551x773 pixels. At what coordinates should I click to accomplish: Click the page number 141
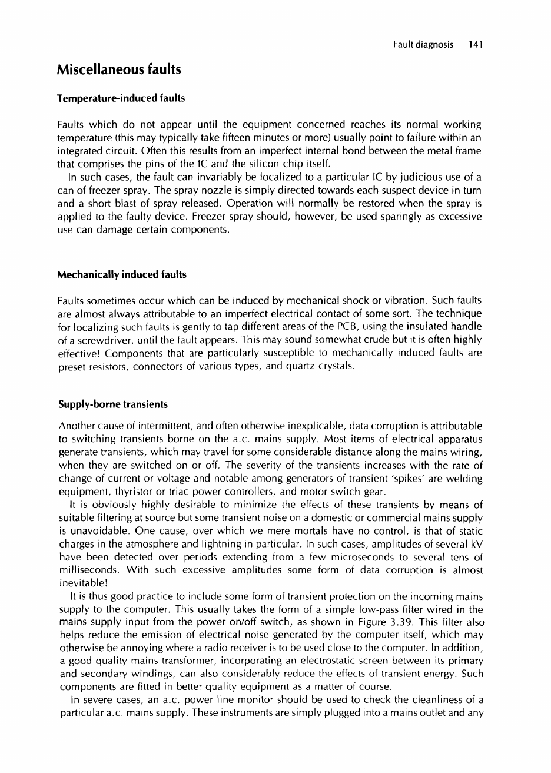[x=475, y=44]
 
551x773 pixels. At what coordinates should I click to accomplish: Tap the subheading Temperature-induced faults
[x=121, y=98]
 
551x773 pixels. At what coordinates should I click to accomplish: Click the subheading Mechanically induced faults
[x=121, y=274]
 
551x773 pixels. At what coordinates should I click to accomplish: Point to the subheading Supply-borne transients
[x=112, y=404]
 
